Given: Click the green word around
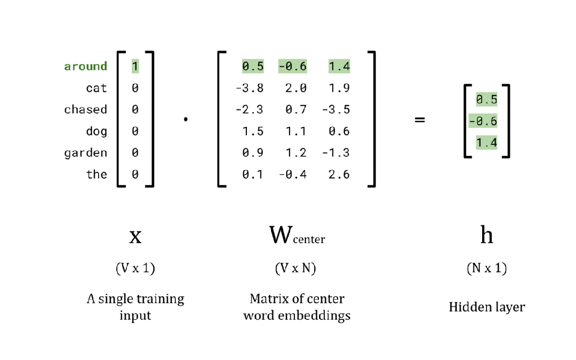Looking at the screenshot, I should [85, 66].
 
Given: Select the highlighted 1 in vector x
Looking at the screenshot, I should [135, 66].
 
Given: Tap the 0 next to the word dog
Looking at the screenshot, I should [135, 131].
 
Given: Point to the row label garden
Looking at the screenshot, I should [85, 153].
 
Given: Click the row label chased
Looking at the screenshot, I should [85, 109].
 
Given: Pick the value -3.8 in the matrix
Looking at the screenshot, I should [250, 88].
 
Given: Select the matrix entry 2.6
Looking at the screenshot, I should [339, 174].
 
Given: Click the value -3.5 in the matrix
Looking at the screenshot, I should [336, 109].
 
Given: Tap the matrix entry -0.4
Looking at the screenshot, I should [292, 174].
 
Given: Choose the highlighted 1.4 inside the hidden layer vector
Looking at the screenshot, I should [486, 142].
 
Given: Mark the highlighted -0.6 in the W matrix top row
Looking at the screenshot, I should [292, 66].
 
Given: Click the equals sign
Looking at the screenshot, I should [420, 121].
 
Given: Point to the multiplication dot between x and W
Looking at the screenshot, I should [186, 120].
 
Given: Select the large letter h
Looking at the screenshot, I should [486, 235].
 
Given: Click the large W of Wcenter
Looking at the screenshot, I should [281, 235].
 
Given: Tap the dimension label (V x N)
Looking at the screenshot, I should [295, 269].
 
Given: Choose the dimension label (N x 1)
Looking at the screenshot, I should [486, 269].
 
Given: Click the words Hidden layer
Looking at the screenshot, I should [486, 307].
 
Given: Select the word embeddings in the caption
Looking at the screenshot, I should [323, 315].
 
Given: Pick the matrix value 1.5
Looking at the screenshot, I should [253, 131].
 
